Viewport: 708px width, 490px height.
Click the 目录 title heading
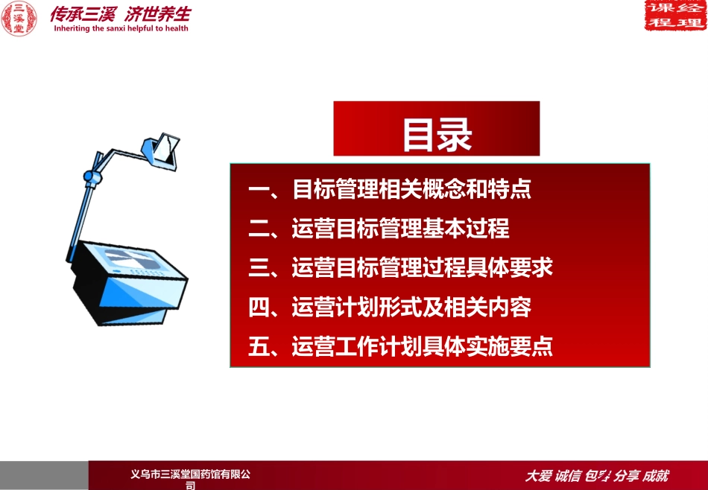437,135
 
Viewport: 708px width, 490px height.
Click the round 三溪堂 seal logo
19,19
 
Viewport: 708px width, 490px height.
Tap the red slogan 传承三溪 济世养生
120,13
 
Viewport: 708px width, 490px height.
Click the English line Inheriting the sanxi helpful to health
120,29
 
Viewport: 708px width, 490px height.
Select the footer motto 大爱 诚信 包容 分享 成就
597,476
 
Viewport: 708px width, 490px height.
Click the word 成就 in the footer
656,476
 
